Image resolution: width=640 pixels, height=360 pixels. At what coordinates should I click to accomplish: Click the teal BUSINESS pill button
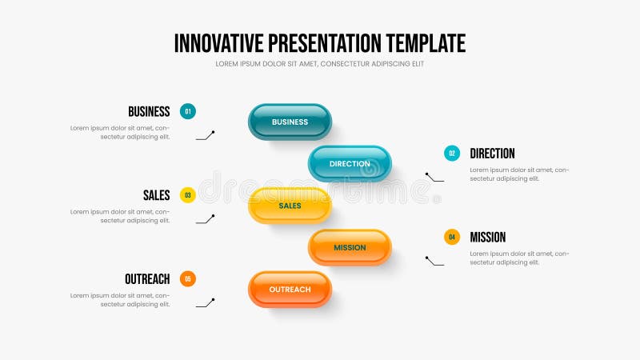pyautogui.click(x=290, y=122)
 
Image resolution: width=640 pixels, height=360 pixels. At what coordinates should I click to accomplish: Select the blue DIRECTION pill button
pyautogui.click(x=350, y=163)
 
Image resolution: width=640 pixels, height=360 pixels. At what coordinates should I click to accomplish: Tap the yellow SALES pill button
pyautogui.click(x=290, y=206)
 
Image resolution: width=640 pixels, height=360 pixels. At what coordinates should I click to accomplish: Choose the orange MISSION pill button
pyautogui.click(x=350, y=247)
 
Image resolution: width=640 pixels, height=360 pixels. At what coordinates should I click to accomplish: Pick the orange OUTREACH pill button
pyautogui.click(x=290, y=289)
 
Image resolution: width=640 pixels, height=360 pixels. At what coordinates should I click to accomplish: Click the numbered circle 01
pyautogui.click(x=188, y=111)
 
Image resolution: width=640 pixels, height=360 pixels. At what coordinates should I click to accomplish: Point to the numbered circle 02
pyautogui.click(x=452, y=153)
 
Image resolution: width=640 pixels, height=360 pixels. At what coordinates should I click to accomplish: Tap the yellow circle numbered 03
pyautogui.click(x=188, y=194)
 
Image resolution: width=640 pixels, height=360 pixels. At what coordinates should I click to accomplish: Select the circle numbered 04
pyautogui.click(x=452, y=237)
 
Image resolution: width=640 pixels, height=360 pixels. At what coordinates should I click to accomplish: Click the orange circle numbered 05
pyautogui.click(x=188, y=278)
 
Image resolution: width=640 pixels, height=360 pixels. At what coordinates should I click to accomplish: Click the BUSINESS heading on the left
pyautogui.click(x=149, y=112)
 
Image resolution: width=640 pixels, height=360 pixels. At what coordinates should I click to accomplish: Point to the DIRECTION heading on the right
pyautogui.click(x=492, y=154)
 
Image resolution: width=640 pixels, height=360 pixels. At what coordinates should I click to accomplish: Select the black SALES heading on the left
pyautogui.click(x=157, y=195)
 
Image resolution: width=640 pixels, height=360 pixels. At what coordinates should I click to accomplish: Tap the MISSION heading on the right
pyautogui.click(x=488, y=238)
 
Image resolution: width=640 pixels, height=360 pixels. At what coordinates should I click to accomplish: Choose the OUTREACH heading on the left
pyautogui.click(x=147, y=279)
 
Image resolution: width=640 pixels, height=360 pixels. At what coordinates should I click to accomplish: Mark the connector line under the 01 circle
pyautogui.click(x=206, y=135)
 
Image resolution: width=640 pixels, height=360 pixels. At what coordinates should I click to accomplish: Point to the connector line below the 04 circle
pyautogui.click(x=434, y=260)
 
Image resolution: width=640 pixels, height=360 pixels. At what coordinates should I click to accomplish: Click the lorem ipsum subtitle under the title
pyautogui.click(x=320, y=64)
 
